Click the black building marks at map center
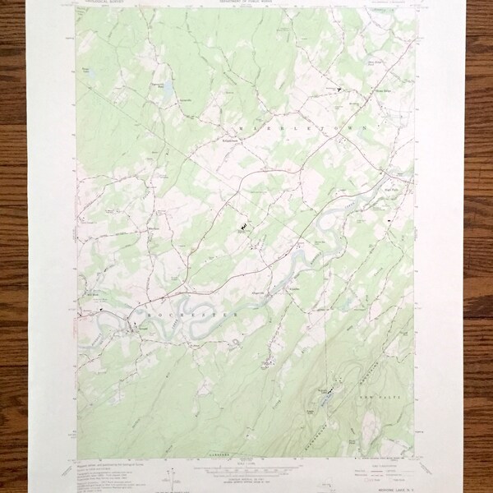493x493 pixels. coord(245,223)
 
